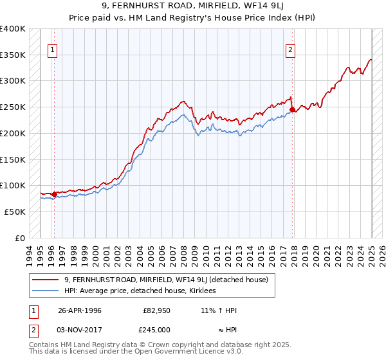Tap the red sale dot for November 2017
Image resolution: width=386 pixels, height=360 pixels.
pyautogui.click(x=293, y=109)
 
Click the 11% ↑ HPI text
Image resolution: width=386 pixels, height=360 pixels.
pyautogui.click(x=219, y=310)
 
